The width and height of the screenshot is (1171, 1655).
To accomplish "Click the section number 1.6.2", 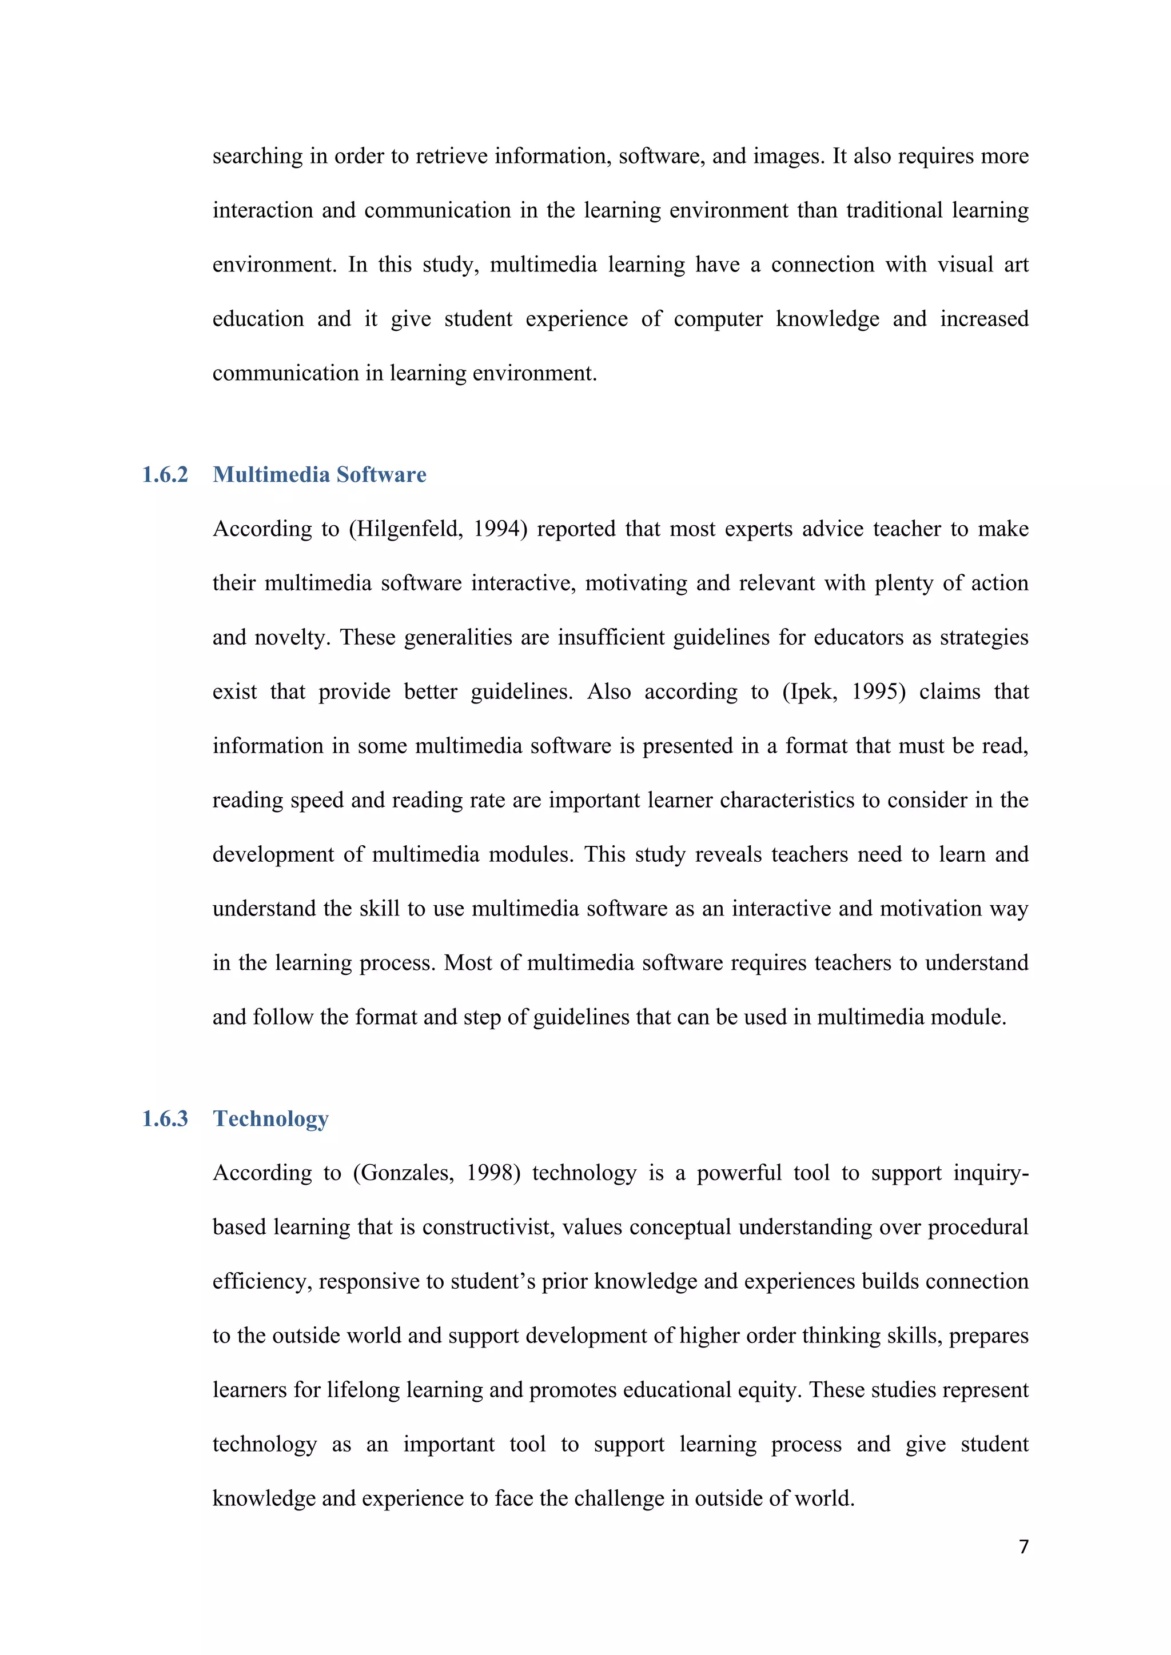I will [165, 474].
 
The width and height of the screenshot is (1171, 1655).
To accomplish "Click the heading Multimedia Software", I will [320, 474].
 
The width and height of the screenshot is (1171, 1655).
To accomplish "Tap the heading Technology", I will [270, 1119].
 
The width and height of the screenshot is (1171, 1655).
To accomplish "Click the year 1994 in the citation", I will [497, 529].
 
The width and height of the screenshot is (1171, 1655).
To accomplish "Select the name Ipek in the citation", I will [811, 692].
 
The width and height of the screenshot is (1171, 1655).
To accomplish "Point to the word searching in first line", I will [257, 157].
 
